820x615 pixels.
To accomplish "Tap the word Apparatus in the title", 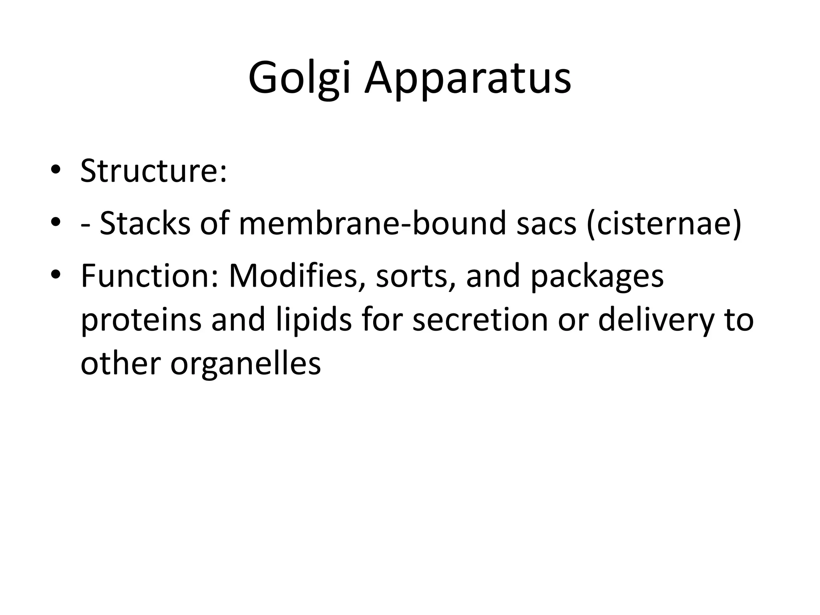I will (x=467, y=78).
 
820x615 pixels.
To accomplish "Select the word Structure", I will (x=153, y=171).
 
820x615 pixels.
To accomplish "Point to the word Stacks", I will (x=145, y=223).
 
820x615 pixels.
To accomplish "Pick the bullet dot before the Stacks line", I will (x=56, y=222).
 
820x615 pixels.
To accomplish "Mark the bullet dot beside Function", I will (x=56, y=275).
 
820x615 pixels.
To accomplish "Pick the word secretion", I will (x=480, y=320).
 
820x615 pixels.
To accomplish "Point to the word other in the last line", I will (x=121, y=364).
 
